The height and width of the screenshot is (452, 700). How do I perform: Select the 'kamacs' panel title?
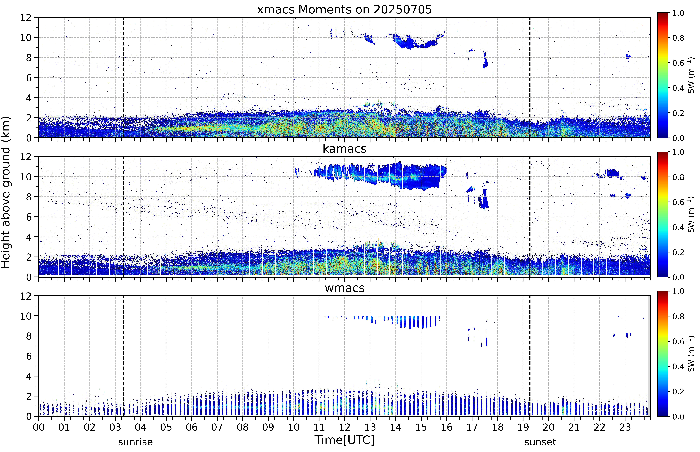coord(344,149)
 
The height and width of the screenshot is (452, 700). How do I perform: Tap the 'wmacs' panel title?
coord(344,288)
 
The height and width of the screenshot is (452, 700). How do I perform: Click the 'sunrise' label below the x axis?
coord(135,442)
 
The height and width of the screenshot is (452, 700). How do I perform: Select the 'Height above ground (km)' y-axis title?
coord(6,192)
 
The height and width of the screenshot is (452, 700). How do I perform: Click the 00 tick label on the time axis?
coord(39,427)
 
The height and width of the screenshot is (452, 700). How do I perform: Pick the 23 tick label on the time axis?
coord(625,427)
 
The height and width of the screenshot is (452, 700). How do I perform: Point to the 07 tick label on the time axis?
coord(217,427)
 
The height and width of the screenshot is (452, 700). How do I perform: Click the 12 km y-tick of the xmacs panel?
coord(26,18)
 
